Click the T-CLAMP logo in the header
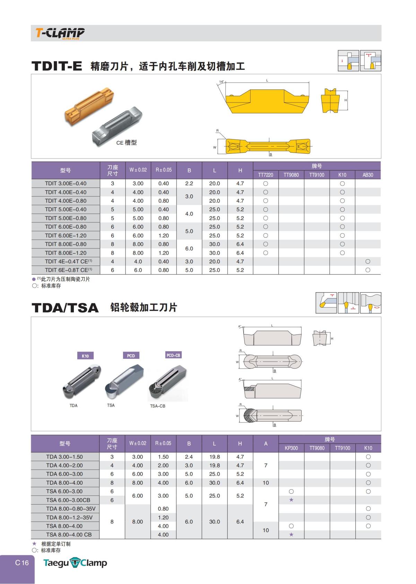tap(60, 33)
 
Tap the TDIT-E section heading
tap(57, 66)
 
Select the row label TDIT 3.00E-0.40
tap(66, 184)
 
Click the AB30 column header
tap(367, 175)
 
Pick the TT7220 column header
tap(266, 175)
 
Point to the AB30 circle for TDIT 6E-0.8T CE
tap(367, 270)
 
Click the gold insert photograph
tap(89, 106)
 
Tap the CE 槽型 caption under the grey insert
tap(126, 143)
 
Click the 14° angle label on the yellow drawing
tap(222, 82)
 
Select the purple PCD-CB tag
tap(173, 355)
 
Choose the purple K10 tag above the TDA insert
tap(85, 356)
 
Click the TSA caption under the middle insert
tap(111, 405)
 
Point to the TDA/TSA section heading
tap(65, 308)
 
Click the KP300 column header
tap(291, 448)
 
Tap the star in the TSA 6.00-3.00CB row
tap(291, 500)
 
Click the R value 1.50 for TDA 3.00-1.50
tap(163, 457)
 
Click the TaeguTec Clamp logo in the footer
tap(75, 563)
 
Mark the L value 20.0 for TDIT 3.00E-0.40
tap(215, 184)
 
